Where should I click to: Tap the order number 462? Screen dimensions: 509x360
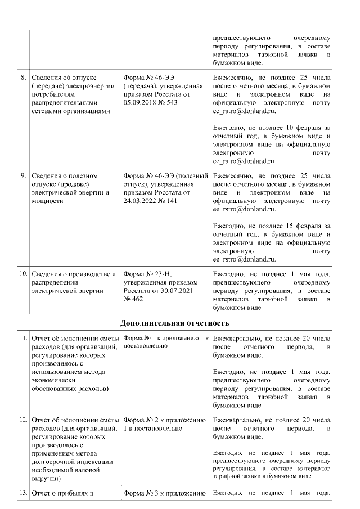pos(136,299)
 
